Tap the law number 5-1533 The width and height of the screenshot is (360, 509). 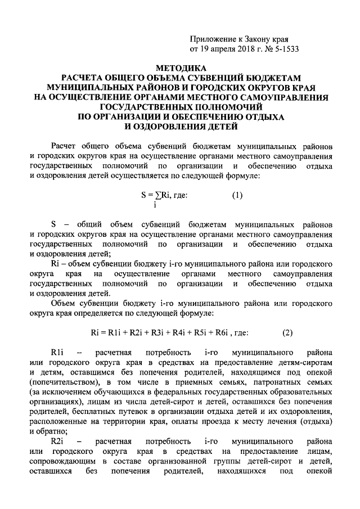[x=284, y=48]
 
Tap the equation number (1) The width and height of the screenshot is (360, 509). [x=237, y=196]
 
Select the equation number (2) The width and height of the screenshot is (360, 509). [x=287, y=332]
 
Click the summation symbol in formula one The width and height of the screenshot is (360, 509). [x=155, y=196]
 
